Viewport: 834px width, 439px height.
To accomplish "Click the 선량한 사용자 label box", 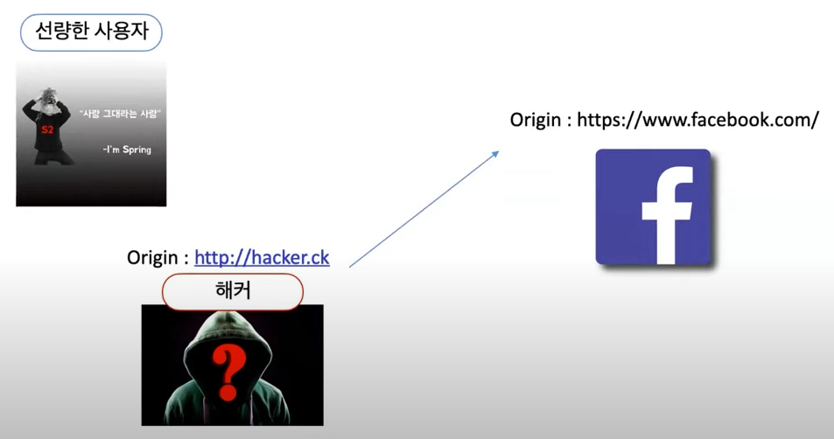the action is (91, 34).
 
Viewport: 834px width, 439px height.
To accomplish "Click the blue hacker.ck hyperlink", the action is (262, 257).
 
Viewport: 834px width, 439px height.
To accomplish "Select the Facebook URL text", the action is (697, 120).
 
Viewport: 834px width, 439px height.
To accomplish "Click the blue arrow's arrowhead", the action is (495, 153).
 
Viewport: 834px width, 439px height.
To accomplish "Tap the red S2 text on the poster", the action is (46, 129).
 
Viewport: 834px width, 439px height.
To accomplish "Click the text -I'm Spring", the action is (126, 150).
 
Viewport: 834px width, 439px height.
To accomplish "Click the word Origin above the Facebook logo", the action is (536, 120).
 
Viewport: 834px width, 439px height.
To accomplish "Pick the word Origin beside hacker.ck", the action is (152, 257).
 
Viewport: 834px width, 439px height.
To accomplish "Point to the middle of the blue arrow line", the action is (424, 208).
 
